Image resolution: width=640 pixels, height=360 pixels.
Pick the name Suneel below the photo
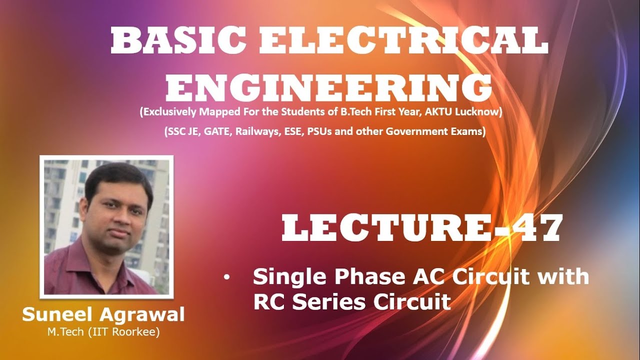coord(57,315)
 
